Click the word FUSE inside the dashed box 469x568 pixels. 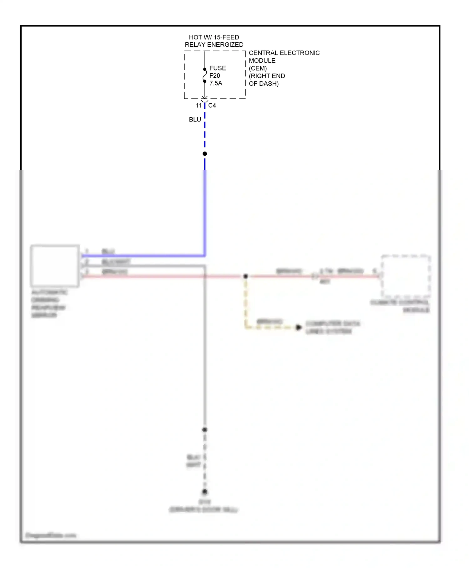[217, 68]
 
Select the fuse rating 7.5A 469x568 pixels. [215, 83]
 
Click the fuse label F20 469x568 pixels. [214, 76]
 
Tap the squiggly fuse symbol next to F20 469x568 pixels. [205, 75]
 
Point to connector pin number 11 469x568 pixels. [199, 106]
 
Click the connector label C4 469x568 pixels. [212, 106]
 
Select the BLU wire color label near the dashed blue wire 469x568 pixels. [195, 120]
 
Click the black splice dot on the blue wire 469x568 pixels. [205, 153]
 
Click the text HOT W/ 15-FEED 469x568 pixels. [214, 37]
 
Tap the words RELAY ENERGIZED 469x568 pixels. [214, 45]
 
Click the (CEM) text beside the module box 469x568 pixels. [258, 68]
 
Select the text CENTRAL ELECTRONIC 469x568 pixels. [284, 53]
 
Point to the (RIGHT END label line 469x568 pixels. [267, 76]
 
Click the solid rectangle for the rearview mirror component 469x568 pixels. [55, 266]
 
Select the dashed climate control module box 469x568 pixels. [406, 276]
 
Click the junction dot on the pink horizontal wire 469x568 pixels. [246, 276]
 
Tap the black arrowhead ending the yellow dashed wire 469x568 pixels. [299, 327]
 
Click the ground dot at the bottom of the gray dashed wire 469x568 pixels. [205, 492]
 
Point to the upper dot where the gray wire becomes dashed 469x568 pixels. [205, 430]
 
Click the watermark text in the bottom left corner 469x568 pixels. [51, 535]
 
